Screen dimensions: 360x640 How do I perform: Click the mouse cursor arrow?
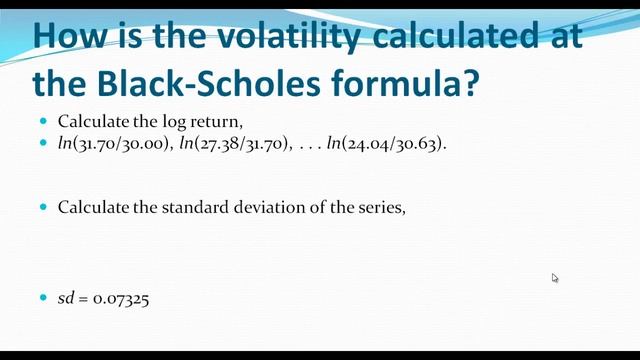coord(555,278)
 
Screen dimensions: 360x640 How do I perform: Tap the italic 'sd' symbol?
coord(65,299)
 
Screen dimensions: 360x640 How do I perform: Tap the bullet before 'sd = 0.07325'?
coord(43,298)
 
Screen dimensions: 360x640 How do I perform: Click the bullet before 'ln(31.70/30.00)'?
coord(43,143)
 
